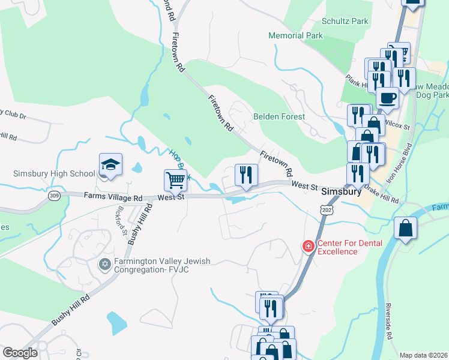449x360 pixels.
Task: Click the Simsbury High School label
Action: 54,174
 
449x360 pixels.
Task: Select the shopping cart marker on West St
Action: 175,179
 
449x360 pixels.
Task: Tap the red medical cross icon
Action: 308,246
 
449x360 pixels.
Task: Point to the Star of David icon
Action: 105,265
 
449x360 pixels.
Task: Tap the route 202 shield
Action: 327,210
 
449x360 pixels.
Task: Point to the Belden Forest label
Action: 279,116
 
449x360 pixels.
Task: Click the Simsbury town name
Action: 341,192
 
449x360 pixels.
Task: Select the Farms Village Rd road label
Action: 113,196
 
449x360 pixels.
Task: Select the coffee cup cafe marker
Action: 387,97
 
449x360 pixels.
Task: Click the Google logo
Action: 20,352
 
